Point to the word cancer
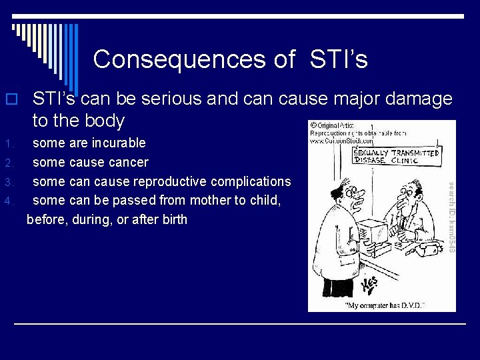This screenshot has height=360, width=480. tap(128, 162)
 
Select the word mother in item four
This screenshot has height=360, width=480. tap(215, 200)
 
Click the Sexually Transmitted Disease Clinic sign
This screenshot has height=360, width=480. tap(396, 156)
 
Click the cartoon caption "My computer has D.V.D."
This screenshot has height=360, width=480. tap(385, 305)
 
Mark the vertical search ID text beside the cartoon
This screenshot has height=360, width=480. tap(450, 216)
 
